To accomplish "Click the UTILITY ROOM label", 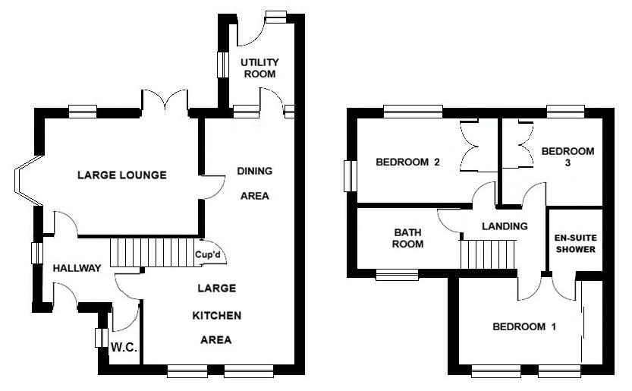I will click(259, 68).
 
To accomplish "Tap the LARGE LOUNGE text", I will click(122, 175).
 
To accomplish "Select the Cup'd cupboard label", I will click(207, 255).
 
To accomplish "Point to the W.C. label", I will click(123, 348).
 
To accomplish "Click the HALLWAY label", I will click(77, 268).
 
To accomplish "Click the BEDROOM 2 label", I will click(408, 162).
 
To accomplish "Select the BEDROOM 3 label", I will click(568, 156).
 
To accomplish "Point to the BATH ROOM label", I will click(407, 238).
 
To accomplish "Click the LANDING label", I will click(504, 226).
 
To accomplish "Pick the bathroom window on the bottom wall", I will click(397, 275).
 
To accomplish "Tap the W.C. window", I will click(99, 338).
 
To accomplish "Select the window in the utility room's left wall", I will click(224, 65).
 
